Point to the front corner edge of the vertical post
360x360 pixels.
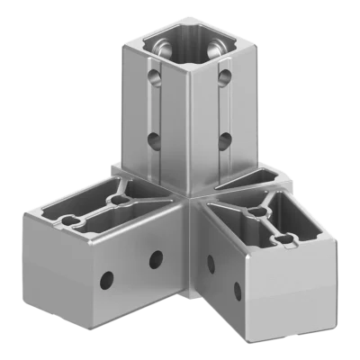185,126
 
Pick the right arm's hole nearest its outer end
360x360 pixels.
238,291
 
